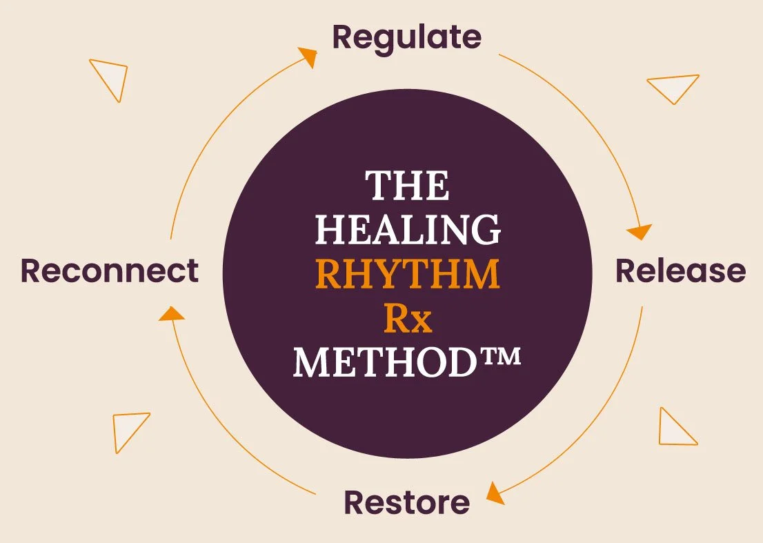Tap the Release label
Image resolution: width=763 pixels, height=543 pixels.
pyautogui.click(x=680, y=270)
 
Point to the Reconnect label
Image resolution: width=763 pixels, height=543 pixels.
pyautogui.click(x=110, y=270)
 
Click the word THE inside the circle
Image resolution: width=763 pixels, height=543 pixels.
pyautogui.click(x=407, y=186)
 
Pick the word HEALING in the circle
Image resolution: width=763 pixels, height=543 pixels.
pyautogui.click(x=407, y=230)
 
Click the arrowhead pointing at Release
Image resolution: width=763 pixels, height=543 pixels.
pyautogui.click(x=642, y=230)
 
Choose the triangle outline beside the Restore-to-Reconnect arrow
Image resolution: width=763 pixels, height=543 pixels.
pyautogui.click(x=130, y=428)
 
